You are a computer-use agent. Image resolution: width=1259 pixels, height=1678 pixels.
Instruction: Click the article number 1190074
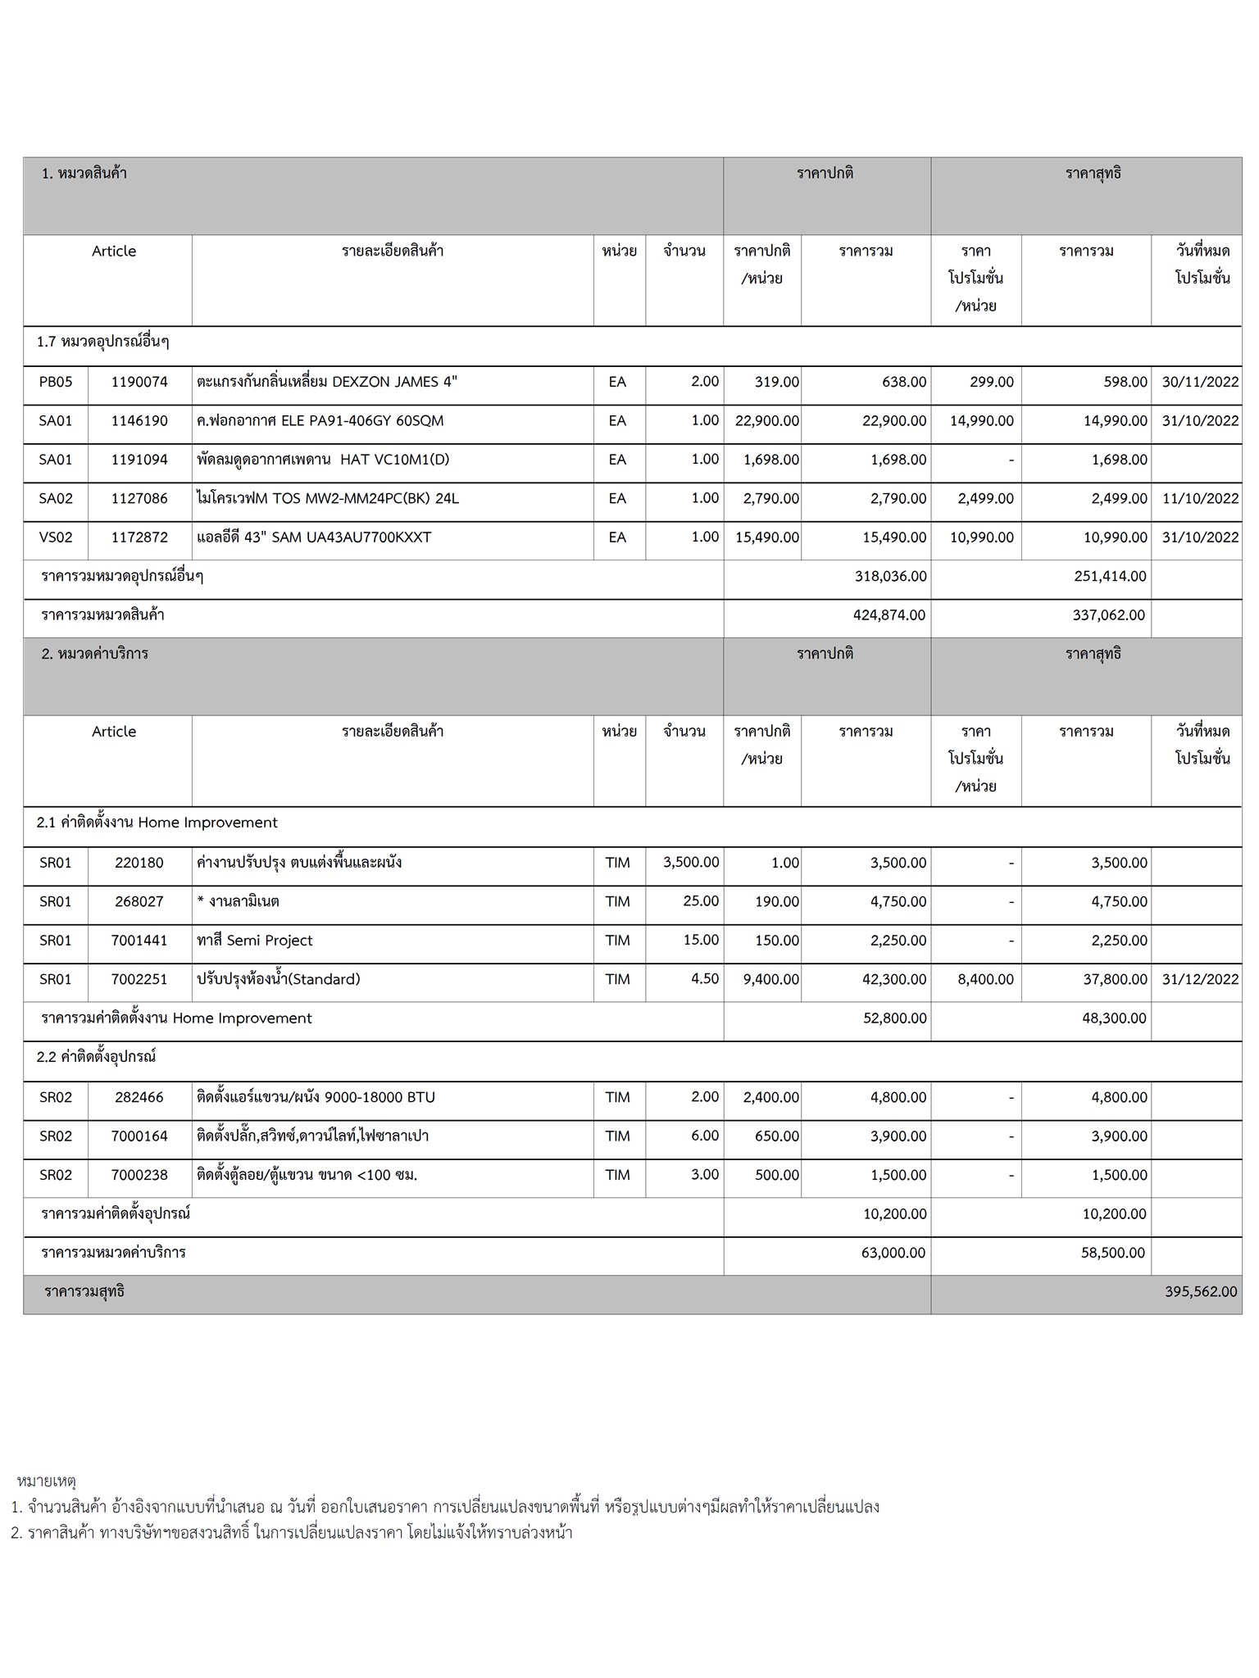tap(139, 382)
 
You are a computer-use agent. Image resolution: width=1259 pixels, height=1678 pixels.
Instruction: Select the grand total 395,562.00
tap(1201, 1292)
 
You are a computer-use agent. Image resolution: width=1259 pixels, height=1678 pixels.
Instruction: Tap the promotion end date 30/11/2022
tap(1200, 382)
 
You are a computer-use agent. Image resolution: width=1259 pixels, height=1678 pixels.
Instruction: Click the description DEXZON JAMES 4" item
tap(327, 382)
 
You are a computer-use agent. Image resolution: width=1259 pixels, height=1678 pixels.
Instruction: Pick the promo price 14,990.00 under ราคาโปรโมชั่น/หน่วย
tap(981, 421)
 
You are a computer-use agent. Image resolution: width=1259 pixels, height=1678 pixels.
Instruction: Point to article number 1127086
tap(139, 498)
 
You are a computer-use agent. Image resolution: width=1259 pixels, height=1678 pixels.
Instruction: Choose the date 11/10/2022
tap(1200, 498)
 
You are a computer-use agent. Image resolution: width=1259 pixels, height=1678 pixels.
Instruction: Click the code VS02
tap(56, 537)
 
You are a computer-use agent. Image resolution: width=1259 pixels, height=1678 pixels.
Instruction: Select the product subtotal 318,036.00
tap(890, 576)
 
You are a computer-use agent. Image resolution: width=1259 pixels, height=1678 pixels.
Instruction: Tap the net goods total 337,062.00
tap(1109, 615)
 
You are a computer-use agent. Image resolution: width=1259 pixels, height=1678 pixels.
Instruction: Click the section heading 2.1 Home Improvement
tap(157, 823)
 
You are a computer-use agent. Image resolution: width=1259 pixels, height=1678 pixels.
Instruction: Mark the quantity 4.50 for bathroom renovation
tap(705, 979)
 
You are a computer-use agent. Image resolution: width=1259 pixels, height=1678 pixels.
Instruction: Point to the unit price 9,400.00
tap(770, 979)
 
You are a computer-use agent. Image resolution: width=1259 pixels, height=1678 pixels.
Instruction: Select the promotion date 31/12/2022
tap(1200, 979)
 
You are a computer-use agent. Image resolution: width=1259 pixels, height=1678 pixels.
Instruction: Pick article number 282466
tap(139, 1097)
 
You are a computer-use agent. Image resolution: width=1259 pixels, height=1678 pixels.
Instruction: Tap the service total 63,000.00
tap(893, 1253)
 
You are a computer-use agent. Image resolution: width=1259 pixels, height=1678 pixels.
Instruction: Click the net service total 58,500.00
tap(1113, 1253)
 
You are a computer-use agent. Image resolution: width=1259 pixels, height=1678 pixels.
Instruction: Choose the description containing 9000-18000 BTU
tap(316, 1097)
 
